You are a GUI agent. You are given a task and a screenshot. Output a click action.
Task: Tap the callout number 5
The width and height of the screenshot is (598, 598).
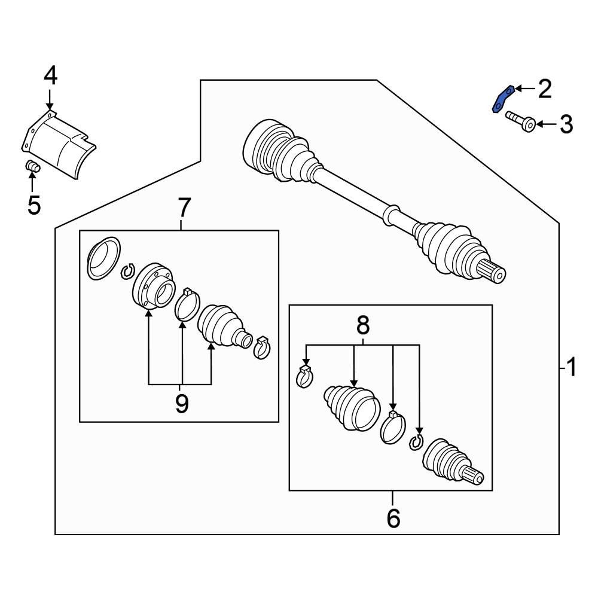click(34, 205)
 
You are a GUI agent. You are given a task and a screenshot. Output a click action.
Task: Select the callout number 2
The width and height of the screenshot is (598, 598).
click(545, 89)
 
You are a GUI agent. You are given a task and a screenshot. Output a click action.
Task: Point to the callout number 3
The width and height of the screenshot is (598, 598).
click(566, 124)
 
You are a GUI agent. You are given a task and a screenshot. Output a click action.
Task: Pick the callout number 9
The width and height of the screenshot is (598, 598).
click(182, 404)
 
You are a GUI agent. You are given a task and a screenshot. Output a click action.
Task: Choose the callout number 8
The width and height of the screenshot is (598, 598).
click(363, 325)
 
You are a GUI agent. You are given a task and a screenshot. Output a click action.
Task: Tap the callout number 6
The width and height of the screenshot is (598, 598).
click(393, 518)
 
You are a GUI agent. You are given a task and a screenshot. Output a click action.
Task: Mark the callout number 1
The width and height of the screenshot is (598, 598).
click(571, 368)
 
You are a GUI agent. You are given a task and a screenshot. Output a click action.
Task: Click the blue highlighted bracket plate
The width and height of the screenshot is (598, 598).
click(501, 100)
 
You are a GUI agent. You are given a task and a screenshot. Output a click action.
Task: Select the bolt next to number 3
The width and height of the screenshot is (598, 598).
click(521, 121)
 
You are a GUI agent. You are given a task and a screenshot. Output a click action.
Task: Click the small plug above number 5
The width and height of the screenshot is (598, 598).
click(32, 166)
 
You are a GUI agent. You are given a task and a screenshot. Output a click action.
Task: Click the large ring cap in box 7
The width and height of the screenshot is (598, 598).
click(103, 258)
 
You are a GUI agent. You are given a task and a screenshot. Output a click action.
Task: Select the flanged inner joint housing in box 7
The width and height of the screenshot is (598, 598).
click(153, 285)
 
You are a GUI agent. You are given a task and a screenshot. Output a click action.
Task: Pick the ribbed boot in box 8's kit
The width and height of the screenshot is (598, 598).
click(352, 408)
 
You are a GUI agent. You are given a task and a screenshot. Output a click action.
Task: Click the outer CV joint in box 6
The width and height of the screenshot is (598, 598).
click(453, 462)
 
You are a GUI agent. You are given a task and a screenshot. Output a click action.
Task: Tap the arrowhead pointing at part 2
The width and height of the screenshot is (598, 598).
click(518, 89)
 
